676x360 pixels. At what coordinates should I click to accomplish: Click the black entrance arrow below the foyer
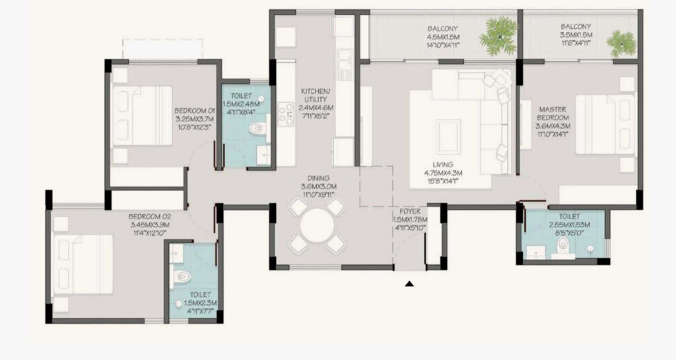[x=409, y=284]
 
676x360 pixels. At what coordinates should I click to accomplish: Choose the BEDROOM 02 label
[x=151, y=216]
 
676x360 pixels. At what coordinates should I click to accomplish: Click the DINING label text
[x=320, y=178]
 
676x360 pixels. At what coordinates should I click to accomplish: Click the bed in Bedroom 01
[x=142, y=116]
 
